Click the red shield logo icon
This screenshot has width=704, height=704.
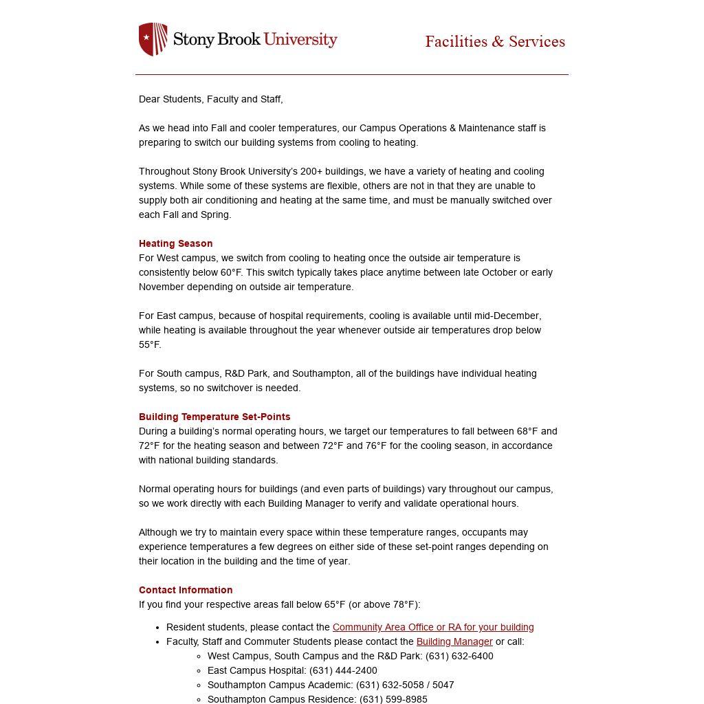click(153, 39)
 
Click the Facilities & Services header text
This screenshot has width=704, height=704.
click(495, 42)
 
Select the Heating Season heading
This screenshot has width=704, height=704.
click(175, 243)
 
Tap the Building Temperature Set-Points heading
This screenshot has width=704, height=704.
click(214, 417)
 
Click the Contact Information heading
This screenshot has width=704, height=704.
click(186, 590)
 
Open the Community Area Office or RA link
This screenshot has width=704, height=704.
click(433, 627)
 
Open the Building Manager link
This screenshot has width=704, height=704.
click(454, 641)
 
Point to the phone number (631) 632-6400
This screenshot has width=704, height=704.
click(459, 656)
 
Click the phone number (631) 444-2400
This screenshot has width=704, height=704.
click(343, 670)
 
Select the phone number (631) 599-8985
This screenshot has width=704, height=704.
click(393, 699)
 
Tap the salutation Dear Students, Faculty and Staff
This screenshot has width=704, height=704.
click(210, 99)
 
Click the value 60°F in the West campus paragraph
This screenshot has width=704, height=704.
click(231, 272)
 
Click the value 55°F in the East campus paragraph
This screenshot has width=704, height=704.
click(149, 344)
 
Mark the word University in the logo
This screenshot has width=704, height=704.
click(300, 39)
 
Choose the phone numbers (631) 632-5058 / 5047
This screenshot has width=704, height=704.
click(405, 685)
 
